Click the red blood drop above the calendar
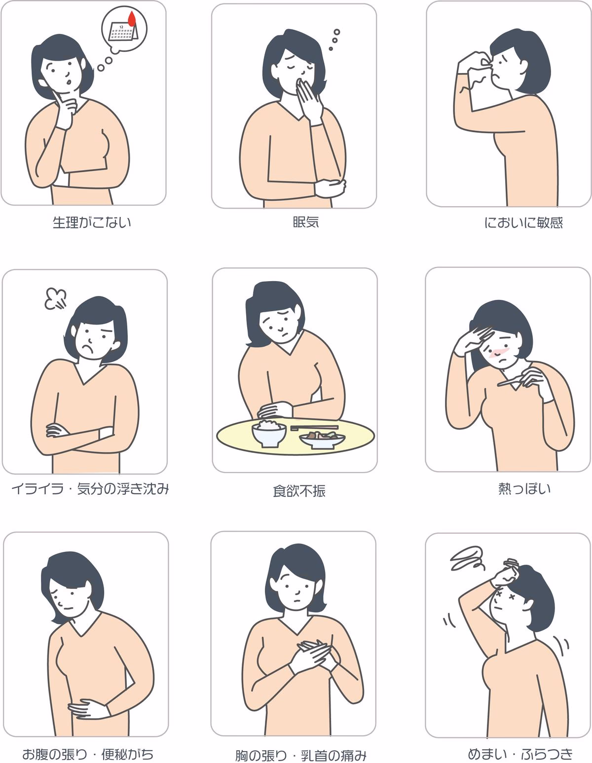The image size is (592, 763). point(132,19)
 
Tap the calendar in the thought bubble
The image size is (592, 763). point(123,32)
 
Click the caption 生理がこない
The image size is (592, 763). point(92,222)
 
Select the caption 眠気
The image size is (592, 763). point(306,222)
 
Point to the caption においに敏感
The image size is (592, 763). point(523,222)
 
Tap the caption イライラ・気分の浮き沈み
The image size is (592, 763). point(90,489)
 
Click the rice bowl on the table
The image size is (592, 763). point(268,434)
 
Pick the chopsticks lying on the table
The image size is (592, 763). point(314,428)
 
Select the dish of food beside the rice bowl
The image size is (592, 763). point(322,439)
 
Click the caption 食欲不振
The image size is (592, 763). point(299,491)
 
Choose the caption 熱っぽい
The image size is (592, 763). point(524,489)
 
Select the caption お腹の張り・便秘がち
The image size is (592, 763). point(88,754)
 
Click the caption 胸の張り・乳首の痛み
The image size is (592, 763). point(300,755)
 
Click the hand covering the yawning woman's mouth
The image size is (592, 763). point(309,100)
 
